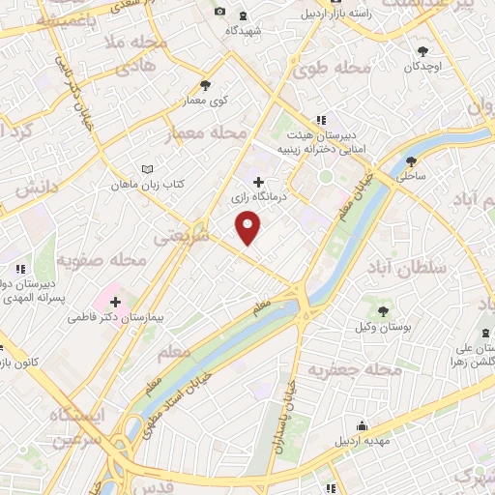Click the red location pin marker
[248, 228]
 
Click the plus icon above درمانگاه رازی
[257, 181]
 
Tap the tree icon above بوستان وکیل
[383, 311]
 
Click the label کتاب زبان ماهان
[146, 184]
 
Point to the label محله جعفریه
[354, 369]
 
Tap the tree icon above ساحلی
[412, 161]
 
